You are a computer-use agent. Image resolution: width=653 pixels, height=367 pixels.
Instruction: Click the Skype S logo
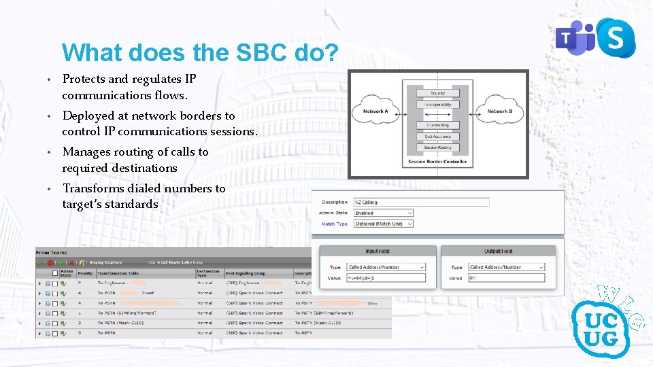click(x=614, y=38)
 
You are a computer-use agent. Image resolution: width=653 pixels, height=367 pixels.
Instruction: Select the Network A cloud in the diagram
click(x=375, y=111)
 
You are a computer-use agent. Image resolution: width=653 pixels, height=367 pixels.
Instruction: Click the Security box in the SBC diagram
click(x=437, y=93)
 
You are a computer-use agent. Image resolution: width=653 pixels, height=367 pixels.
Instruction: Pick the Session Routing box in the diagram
click(x=437, y=147)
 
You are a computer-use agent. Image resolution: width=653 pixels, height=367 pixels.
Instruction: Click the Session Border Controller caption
click(x=437, y=162)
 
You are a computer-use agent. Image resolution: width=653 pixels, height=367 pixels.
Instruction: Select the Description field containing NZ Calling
click(x=421, y=202)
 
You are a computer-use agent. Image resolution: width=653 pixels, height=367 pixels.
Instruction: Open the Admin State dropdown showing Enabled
click(x=383, y=213)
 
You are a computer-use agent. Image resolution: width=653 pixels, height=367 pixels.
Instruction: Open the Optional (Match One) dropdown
click(x=383, y=224)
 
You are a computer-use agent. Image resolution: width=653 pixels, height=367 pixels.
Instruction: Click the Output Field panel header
click(x=499, y=251)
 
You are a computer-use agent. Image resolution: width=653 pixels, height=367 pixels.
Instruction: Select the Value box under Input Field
click(x=386, y=278)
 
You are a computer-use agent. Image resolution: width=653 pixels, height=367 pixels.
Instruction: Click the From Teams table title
click(x=52, y=253)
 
